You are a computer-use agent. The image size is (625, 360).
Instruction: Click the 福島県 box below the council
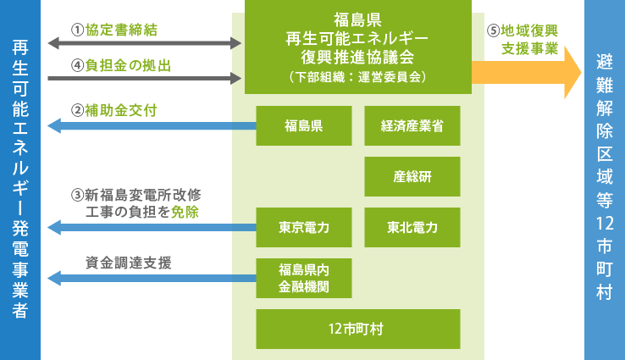pos(304,126)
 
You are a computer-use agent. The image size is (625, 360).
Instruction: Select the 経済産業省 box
pos(412,126)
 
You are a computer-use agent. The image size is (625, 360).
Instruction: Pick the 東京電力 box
pos(304,227)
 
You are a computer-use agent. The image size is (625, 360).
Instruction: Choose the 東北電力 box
pos(412,227)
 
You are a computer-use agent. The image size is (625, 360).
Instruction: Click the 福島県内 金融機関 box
pos(304,278)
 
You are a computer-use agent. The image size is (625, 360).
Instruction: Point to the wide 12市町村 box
pos(357,329)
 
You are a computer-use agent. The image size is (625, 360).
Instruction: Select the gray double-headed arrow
pos(145,42)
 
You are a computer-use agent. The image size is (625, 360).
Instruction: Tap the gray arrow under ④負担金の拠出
pos(145,78)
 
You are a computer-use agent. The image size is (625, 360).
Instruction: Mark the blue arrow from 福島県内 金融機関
pos(152,278)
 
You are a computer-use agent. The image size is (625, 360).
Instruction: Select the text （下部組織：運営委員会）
pos(357,76)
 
